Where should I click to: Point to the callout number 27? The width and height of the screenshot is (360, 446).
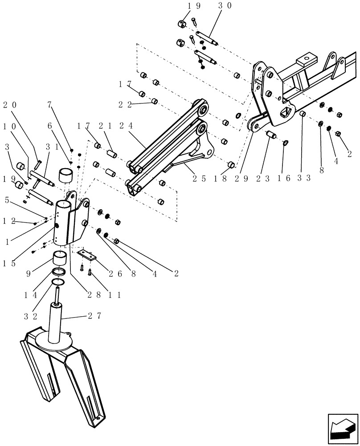click(x=94, y=316)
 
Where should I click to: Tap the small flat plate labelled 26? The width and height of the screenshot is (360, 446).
click(x=86, y=255)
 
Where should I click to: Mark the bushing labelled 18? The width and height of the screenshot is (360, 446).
click(x=231, y=165)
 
